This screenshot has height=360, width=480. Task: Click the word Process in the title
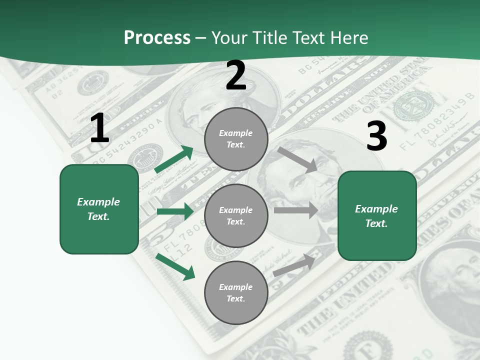click(157, 38)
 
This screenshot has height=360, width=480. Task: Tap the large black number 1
click(99, 128)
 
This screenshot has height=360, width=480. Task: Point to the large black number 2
click(236, 76)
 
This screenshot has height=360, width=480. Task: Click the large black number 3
click(376, 136)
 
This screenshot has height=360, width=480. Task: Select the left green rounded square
click(99, 209)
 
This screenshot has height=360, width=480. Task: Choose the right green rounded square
click(377, 215)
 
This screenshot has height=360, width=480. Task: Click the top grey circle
click(236, 139)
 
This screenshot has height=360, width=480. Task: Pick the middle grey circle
click(236, 215)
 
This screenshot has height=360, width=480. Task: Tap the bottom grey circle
click(236, 292)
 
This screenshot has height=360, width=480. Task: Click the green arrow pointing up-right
click(174, 159)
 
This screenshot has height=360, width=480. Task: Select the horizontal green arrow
click(175, 211)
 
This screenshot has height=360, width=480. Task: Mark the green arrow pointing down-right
click(175, 266)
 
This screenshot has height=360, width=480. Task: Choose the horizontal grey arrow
click(296, 210)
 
